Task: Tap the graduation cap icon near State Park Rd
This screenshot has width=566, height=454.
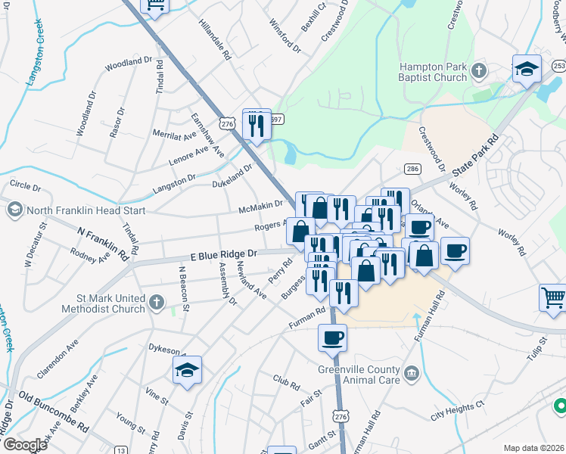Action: [x=527, y=70]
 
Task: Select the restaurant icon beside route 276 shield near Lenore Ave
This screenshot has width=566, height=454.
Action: [x=257, y=125]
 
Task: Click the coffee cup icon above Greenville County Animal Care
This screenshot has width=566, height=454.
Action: [x=332, y=337]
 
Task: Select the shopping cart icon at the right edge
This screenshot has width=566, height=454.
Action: [x=553, y=297]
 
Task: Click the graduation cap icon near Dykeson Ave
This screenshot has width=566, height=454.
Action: [x=187, y=371]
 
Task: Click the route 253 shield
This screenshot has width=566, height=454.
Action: [x=559, y=67]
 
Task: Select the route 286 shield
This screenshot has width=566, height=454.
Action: [x=412, y=169]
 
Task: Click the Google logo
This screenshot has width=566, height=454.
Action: [x=24, y=445]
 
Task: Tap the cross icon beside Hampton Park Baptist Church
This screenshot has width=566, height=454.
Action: [x=478, y=71]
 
